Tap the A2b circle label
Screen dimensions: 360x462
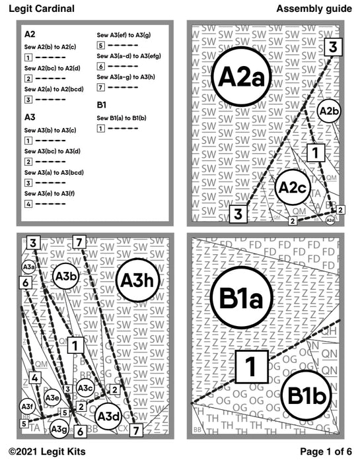point(328,112)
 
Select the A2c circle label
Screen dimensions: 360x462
point(291,188)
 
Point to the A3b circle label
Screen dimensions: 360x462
point(67,276)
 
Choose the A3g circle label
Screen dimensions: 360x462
point(59,428)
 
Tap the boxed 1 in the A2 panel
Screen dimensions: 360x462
point(316,152)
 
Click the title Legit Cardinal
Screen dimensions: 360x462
point(41,9)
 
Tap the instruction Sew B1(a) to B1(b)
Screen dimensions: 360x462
point(126,117)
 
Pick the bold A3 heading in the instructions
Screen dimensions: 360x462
point(29,116)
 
